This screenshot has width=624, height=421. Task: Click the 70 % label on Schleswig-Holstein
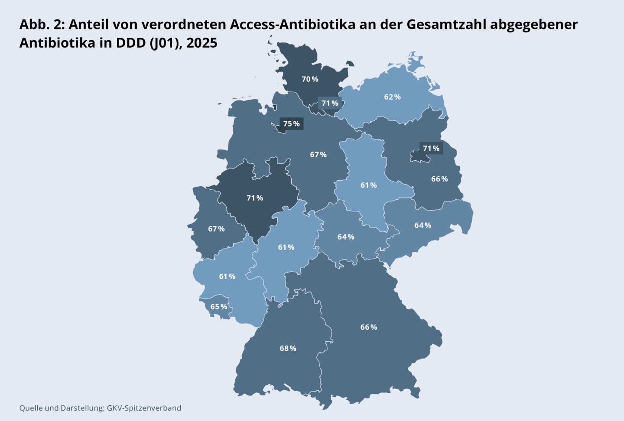[x=310, y=79]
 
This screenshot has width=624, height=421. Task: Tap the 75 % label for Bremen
[x=291, y=124]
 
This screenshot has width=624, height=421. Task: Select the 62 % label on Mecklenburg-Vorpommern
[x=392, y=97]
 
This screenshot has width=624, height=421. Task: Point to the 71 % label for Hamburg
[x=330, y=104]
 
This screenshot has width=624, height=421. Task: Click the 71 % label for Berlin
[x=431, y=149]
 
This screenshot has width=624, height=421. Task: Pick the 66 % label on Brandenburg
[x=439, y=179]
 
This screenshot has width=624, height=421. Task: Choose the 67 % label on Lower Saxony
[x=318, y=155]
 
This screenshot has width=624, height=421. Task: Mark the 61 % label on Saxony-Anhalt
[x=368, y=185]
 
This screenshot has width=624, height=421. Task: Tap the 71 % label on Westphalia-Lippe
[x=255, y=198]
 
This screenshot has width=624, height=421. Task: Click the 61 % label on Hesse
[x=286, y=247]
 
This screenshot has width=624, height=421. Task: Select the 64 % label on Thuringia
[x=346, y=237]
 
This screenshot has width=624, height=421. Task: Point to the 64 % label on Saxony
[x=422, y=225]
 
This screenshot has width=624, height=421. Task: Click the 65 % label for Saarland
[x=219, y=307]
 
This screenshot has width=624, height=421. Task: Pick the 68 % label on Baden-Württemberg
[x=288, y=348]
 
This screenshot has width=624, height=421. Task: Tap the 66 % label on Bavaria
[x=369, y=327]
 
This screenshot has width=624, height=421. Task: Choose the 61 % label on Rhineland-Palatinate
[x=227, y=276]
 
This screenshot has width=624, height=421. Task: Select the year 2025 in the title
[x=201, y=43]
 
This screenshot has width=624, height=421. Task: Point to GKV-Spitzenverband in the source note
[x=144, y=408]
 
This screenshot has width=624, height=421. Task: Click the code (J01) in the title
[x=166, y=43]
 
